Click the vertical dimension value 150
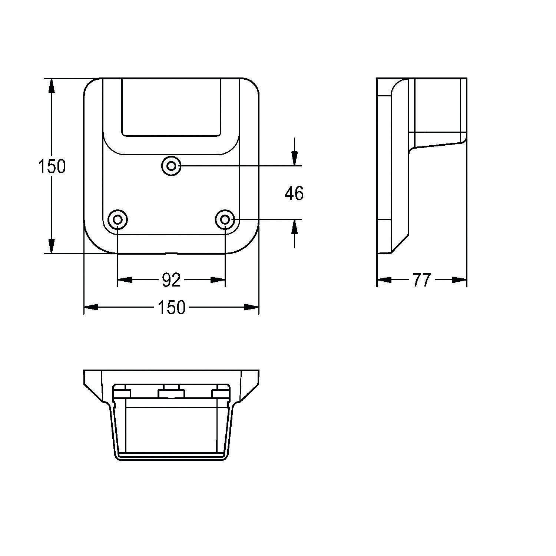(52, 166)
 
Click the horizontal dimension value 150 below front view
(171, 307)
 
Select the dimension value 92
(171, 280)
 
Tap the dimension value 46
(294, 193)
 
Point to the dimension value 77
(422, 280)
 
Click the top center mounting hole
(171, 166)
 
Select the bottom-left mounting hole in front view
(118, 220)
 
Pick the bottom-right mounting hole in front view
(225, 220)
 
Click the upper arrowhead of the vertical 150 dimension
(52, 86)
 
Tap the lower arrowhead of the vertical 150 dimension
(52, 246)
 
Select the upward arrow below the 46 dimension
(294, 227)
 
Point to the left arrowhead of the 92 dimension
(125, 279)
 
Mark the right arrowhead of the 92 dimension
(218, 279)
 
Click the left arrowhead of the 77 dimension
(384, 279)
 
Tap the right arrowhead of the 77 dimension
(459, 279)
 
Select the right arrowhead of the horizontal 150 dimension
(251, 307)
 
